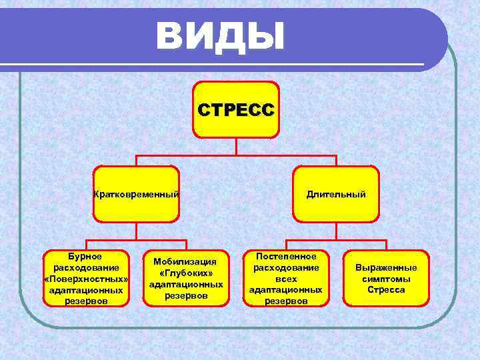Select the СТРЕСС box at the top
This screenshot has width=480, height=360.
[236, 109]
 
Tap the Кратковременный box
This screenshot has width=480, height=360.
[136, 194]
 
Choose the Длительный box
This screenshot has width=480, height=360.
[336, 194]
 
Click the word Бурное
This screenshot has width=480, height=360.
[85, 256]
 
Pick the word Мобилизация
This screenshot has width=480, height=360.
[185, 261]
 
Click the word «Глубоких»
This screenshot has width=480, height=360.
[185, 273]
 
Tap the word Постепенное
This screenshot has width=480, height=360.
[285, 256]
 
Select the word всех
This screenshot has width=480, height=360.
[285, 279]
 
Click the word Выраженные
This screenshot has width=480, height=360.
[386, 267]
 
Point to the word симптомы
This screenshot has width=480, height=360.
[386, 279]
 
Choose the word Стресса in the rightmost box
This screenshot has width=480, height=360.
[386, 290]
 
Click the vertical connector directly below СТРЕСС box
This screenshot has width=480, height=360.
[236, 147]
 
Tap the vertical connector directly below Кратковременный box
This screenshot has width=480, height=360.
[136, 231]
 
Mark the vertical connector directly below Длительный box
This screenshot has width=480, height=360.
[336, 231]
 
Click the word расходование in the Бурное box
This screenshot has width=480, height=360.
[85, 267]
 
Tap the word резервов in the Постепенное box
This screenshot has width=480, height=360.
[285, 301]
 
